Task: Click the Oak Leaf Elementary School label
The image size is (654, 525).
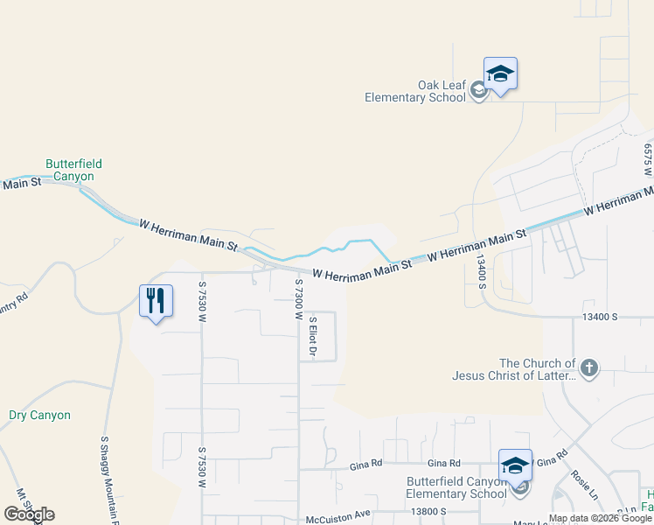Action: coord(416,91)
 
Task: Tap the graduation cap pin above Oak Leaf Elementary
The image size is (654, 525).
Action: coord(500,73)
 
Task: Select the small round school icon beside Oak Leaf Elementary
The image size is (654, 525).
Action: coord(478,89)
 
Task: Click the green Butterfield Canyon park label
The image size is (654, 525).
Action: coord(74,170)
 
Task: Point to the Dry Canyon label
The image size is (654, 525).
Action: coord(39,415)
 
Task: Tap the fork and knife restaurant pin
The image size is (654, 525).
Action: coord(156,301)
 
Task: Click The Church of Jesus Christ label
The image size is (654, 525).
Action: coord(537,369)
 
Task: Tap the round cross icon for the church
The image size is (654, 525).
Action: coord(589,368)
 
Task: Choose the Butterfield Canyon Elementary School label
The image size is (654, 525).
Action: coord(456,487)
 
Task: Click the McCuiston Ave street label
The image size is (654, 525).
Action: coord(338,519)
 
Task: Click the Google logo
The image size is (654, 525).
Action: coord(29,514)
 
